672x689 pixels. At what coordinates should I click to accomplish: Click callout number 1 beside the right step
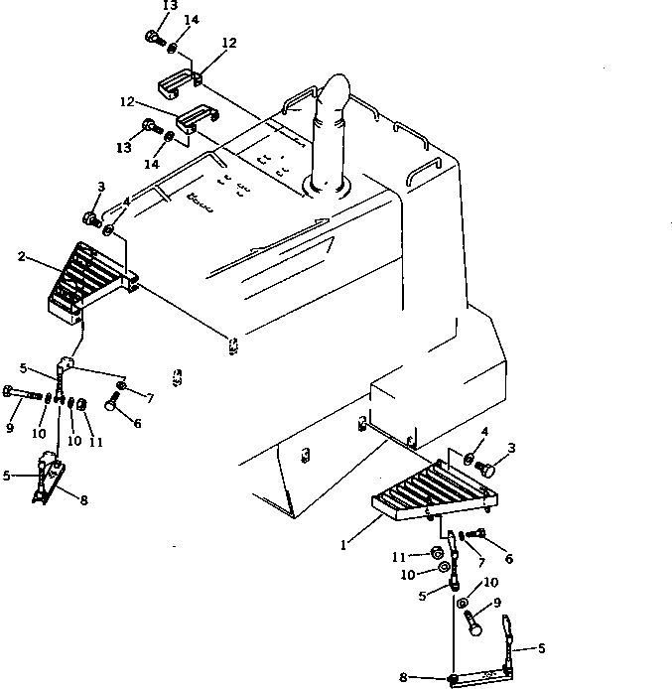[344, 545]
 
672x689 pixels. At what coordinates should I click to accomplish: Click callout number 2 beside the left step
[21, 256]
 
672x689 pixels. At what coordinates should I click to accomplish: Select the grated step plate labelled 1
[430, 493]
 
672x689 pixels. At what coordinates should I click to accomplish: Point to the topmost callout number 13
[171, 6]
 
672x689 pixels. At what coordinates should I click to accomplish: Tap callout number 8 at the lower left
[83, 500]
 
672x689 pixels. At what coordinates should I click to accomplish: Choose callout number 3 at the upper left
[100, 187]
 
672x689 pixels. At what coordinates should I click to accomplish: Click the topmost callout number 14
[192, 19]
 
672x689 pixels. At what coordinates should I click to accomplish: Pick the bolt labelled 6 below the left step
[111, 402]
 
